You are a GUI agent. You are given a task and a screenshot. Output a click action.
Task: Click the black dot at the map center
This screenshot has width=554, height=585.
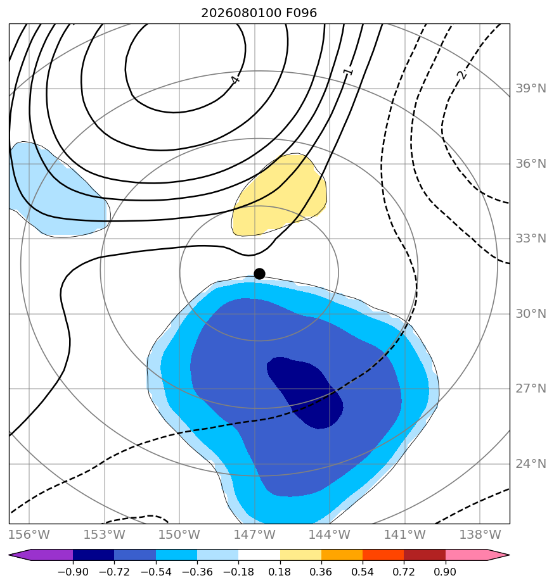(x=259, y=274)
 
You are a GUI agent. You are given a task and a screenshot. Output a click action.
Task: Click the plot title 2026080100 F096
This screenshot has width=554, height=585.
(x=259, y=13)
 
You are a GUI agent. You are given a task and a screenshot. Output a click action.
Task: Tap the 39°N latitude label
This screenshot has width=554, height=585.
(x=531, y=89)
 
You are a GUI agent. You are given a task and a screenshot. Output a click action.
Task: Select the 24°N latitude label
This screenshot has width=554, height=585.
(x=531, y=463)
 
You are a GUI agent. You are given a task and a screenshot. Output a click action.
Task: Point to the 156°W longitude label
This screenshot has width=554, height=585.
(x=29, y=534)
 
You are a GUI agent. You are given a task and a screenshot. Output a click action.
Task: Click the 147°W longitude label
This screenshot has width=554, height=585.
(x=255, y=534)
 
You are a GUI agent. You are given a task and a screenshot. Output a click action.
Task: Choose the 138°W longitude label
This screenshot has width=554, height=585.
(x=480, y=534)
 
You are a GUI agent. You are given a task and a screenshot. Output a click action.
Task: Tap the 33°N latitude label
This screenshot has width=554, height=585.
(x=531, y=239)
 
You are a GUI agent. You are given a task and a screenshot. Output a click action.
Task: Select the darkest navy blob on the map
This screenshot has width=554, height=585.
(x=304, y=392)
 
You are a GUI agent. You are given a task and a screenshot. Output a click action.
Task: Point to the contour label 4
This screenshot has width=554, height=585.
(x=235, y=80)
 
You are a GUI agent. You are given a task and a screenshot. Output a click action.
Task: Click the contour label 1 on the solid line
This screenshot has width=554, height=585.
(x=348, y=71)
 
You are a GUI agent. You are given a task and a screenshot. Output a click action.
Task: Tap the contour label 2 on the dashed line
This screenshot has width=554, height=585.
(x=462, y=75)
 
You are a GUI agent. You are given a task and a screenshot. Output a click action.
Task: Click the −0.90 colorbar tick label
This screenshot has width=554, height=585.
(x=73, y=572)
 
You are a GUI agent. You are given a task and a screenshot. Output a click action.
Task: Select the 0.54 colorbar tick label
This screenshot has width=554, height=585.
(x=363, y=572)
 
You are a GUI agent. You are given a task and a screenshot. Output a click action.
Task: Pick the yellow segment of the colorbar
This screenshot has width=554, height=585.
(x=300, y=555)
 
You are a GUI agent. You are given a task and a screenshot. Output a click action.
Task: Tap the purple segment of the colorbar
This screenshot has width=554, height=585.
(x=43, y=555)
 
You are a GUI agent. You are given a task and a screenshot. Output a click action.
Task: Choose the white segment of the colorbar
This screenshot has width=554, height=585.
(x=259, y=555)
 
